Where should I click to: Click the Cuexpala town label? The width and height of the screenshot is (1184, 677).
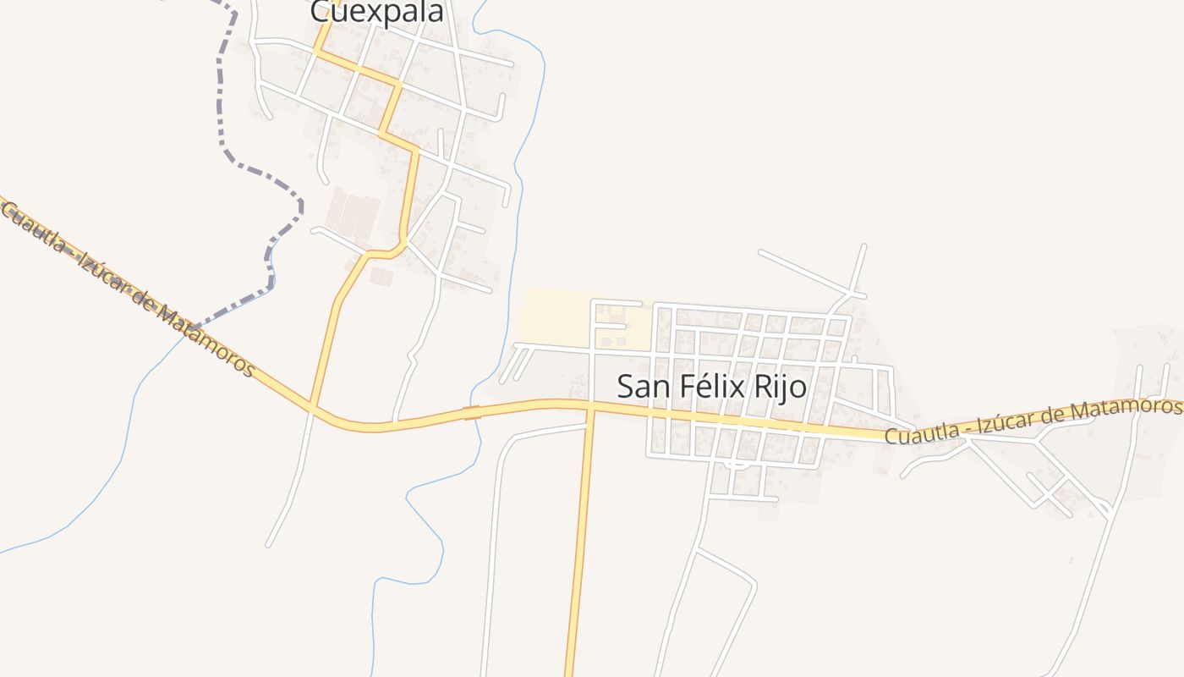(376, 13)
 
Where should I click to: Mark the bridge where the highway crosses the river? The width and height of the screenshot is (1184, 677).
(472, 413)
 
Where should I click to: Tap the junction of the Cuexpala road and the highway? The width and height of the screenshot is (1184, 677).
(312, 408)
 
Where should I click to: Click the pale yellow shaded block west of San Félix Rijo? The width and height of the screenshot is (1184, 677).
(554, 317)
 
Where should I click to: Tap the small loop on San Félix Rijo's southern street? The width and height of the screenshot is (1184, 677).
(737, 464)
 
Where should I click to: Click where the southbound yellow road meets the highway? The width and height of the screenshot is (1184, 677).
(590, 408)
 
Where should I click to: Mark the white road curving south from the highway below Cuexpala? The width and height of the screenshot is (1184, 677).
(292, 482)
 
